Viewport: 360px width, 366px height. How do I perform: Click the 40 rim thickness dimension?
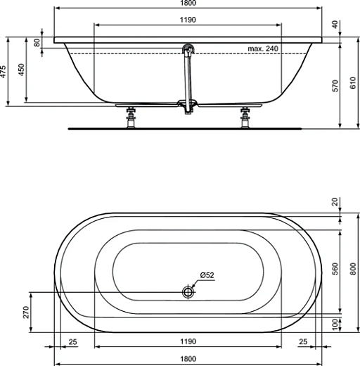click(x=335, y=24)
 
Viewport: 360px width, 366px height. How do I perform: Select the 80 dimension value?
click(x=38, y=42)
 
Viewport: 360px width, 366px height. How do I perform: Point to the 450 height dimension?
click(x=21, y=71)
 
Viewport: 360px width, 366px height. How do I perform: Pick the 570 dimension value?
click(x=335, y=86)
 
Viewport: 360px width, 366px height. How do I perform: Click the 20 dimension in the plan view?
click(x=335, y=202)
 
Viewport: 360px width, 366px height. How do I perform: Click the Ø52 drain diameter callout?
click(x=207, y=274)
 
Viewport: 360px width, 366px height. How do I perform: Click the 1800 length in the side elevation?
click(x=188, y=4)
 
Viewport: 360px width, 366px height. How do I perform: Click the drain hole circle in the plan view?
click(x=188, y=291)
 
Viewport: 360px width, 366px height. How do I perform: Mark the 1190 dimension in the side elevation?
click(x=188, y=20)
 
